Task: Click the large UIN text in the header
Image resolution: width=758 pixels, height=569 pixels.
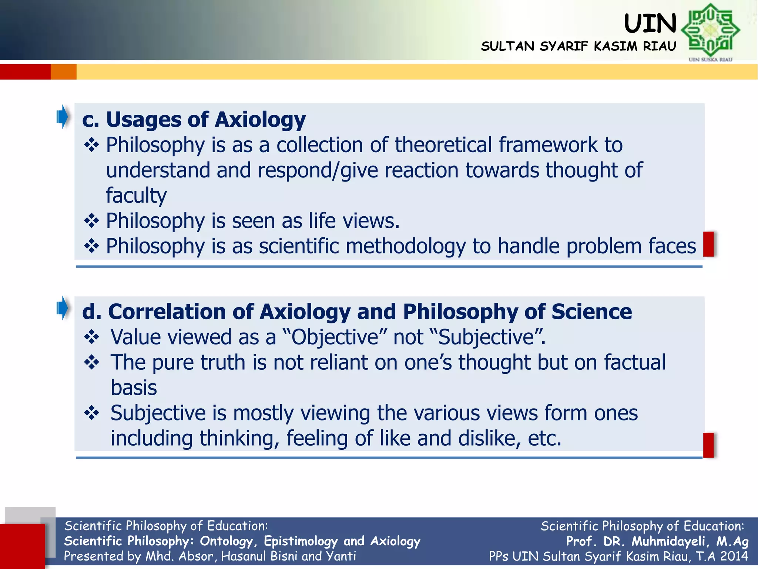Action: coord(650,24)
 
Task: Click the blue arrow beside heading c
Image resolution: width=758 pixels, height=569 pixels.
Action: coord(63,117)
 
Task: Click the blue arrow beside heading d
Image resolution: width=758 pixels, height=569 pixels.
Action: coord(63,308)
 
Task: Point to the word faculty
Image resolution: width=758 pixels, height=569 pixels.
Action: coord(136,195)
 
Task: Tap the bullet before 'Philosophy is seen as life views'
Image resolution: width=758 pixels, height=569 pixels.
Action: coord(91,221)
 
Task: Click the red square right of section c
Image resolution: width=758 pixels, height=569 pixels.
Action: coord(708,244)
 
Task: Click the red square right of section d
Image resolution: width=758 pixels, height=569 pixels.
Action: coord(708,445)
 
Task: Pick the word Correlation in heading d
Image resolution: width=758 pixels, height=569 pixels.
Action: coord(167,312)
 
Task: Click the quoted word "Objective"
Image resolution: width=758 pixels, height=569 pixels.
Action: coord(334,337)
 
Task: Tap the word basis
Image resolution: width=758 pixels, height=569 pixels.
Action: coord(134,388)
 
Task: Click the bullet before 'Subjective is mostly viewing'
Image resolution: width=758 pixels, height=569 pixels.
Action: coord(91,413)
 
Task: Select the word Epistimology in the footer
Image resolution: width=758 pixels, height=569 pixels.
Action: coord(301,541)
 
